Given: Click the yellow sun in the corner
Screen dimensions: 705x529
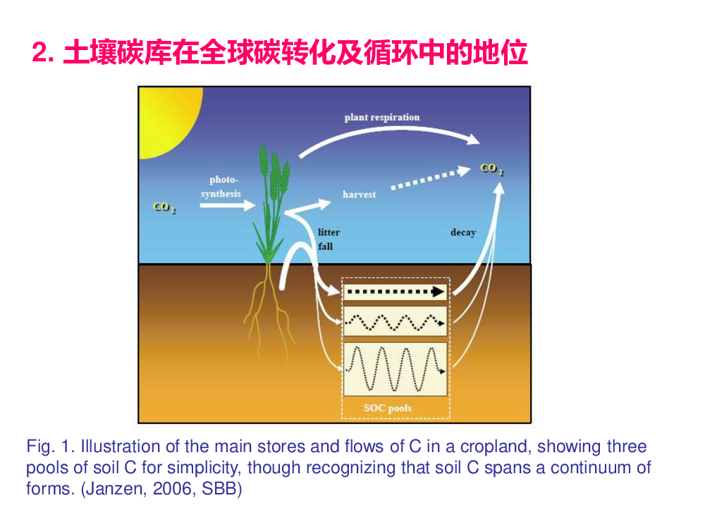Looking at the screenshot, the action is click(166, 118).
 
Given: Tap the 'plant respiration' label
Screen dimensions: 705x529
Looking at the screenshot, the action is click(382, 117).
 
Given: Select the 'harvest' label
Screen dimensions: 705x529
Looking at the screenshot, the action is click(360, 195).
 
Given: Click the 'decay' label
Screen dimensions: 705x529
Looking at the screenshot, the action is click(463, 232).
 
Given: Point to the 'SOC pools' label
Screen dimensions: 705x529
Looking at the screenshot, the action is click(388, 408).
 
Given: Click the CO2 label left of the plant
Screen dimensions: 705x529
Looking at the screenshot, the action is click(164, 207).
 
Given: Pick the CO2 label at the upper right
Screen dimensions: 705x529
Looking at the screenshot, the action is click(492, 169).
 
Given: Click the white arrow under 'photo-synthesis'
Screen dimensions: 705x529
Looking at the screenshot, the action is click(228, 205).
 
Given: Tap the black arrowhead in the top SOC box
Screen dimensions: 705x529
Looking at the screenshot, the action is click(438, 292).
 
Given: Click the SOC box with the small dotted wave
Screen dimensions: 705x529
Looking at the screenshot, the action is click(396, 321).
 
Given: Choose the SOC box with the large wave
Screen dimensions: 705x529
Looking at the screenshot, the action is click(396, 370).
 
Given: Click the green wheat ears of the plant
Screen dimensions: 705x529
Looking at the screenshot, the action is click(274, 174).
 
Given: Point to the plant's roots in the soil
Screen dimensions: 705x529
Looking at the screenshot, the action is click(269, 310).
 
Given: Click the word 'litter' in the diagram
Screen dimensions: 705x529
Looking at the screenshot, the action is click(329, 232).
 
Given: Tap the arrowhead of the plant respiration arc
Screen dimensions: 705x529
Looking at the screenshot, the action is click(473, 139).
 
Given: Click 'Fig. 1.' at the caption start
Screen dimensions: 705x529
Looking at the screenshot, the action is click(49, 446).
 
